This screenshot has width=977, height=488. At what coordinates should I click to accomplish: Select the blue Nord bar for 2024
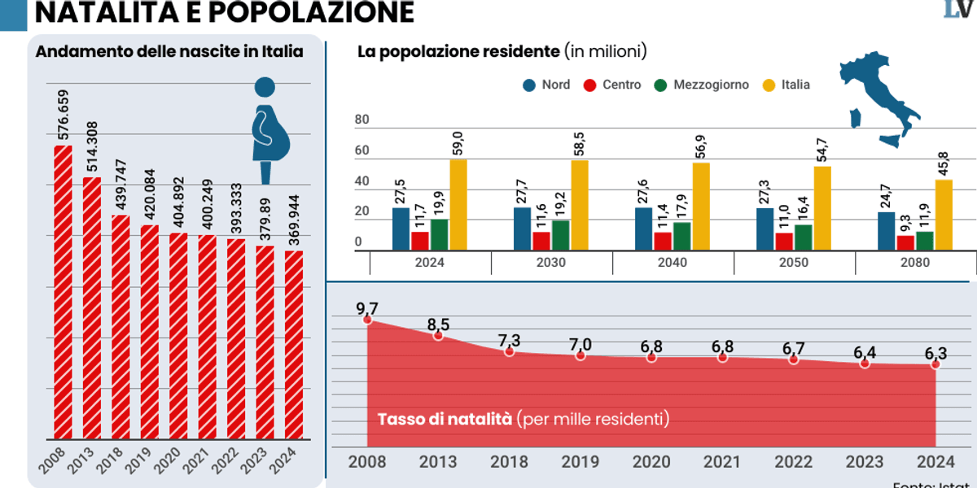[401, 229]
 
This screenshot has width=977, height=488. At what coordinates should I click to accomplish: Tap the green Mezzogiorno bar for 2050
[804, 237]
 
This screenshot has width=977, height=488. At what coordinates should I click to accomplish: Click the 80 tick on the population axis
[362, 120]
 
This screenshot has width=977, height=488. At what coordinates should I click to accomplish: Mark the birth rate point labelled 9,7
[367, 320]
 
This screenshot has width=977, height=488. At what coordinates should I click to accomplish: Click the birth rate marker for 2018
[509, 351]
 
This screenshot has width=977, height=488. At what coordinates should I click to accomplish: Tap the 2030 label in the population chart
[551, 263]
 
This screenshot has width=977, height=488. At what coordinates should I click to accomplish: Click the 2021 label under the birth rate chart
[722, 462]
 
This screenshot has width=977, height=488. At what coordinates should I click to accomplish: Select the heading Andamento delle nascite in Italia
[169, 51]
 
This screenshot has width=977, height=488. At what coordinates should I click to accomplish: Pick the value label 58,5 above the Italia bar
[579, 140]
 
